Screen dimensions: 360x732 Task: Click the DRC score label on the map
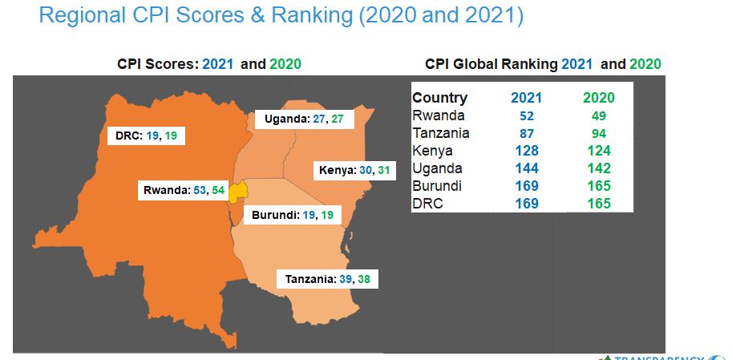(146, 136)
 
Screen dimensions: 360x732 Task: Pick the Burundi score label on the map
(293, 216)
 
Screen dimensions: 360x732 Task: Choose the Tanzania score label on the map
(328, 279)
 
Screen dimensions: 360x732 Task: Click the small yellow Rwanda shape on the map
(237, 192)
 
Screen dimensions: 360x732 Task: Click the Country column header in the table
(439, 98)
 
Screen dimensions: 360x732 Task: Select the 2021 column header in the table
(526, 98)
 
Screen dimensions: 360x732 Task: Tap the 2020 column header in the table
(599, 98)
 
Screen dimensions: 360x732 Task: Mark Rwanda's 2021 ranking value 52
(526, 115)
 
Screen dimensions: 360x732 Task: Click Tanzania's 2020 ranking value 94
(599, 133)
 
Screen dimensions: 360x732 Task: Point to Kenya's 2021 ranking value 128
(526, 151)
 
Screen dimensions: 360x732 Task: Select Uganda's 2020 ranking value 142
(599, 168)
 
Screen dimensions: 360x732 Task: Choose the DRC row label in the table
(427, 204)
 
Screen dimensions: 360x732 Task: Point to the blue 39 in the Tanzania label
(345, 279)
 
